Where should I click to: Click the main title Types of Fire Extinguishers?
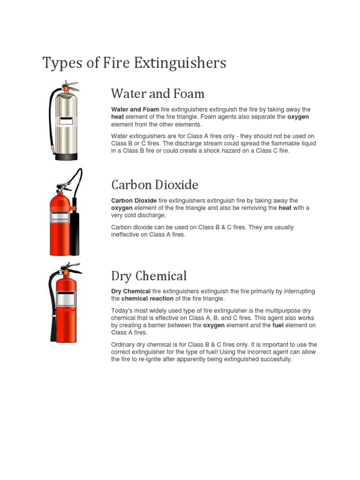click(x=134, y=62)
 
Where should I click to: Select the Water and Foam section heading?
click(x=157, y=94)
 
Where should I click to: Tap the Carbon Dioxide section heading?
click(x=155, y=184)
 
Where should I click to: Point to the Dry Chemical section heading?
click(x=149, y=276)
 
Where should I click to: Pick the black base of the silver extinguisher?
click(x=66, y=157)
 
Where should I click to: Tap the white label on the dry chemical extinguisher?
click(x=66, y=299)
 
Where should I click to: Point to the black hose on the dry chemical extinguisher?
click(x=52, y=309)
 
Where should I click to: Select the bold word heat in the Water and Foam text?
click(x=117, y=117)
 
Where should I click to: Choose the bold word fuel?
click(x=278, y=325)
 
